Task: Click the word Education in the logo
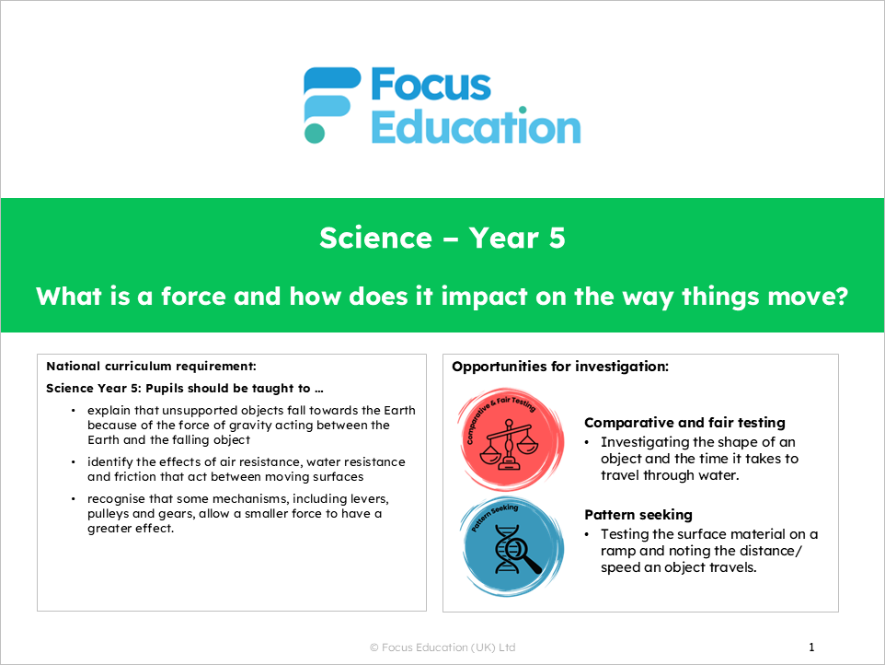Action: [476, 127]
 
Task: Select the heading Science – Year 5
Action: [442, 239]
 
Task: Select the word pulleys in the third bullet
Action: [109, 513]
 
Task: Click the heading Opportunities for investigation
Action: [559, 367]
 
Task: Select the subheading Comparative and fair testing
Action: [684, 423]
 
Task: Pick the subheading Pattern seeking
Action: [638, 515]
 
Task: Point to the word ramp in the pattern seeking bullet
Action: [621, 551]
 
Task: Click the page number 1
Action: [810, 647]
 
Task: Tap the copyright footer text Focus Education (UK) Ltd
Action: [448, 647]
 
